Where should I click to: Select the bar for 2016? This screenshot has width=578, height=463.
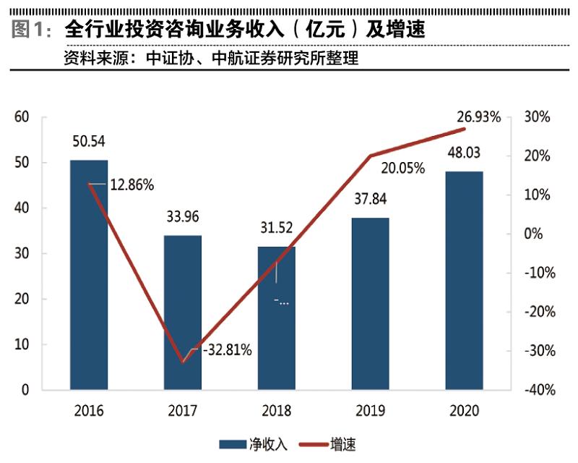point(89,275)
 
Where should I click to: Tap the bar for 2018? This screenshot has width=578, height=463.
point(277,318)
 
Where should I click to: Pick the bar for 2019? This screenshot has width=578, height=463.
point(371,304)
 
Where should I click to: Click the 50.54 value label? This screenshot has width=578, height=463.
point(89,141)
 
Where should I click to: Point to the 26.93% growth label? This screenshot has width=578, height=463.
point(478,116)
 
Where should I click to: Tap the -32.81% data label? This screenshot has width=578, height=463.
point(227,351)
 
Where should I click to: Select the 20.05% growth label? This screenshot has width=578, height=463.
point(403,169)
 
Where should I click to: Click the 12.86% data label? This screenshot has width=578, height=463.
point(131,184)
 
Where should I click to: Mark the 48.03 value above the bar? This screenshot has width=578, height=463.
point(464,153)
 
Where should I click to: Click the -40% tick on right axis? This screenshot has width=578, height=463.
point(540,390)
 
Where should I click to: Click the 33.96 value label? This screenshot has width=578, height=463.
point(183,216)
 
